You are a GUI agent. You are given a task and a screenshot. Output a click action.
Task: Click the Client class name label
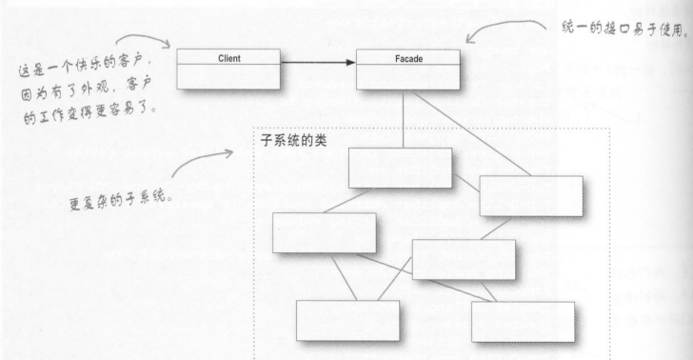[x=228, y=58]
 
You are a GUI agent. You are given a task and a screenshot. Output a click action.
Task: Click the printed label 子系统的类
[x=299, y=142]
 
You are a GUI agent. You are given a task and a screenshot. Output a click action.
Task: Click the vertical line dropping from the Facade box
[x=402, y=119]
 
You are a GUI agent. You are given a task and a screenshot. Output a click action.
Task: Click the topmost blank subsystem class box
[x=400, y=168]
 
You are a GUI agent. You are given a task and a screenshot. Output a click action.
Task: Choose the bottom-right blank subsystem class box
[x=523, y=321]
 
